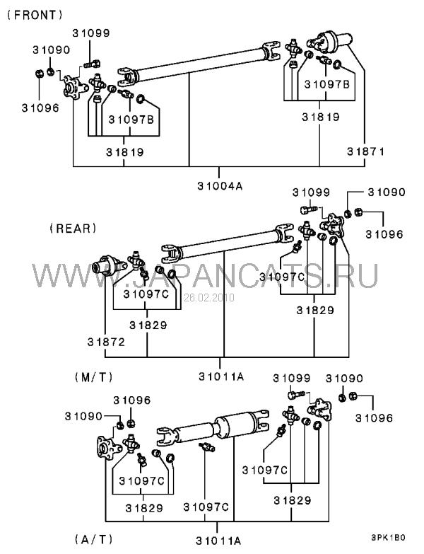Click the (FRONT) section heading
[34, 15]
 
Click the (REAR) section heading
[73, 229]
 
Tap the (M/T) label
[93, 377]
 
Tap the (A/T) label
[93, 539]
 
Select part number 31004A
[220, 186]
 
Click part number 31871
[365, 151]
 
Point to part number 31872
[106, 342]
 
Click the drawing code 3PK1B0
[388, 538]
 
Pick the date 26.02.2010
[209, 297]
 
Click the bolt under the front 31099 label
[92, 64]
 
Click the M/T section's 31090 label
[387, 192]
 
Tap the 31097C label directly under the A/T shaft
[206, 507]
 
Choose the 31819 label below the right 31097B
[320, 117]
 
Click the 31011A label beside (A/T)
[218, 541]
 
